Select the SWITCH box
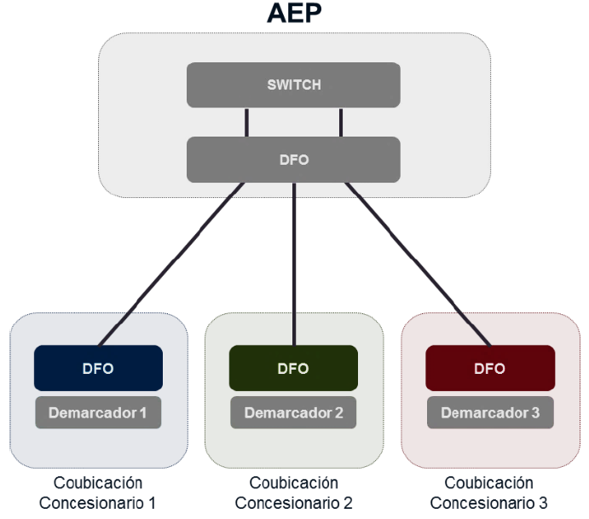pyautogui.click(x=294, y=85)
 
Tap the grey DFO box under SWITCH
pyautogui.click(x=294, y=160)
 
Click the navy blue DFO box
pyautogui.click(x=98, y=368)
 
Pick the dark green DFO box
pyautogui.click(x=294, y=368)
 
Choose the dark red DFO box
pyautogui.click(x=490, y=368)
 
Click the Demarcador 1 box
pyautogui.click(x=98, y=413)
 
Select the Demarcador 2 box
pyautogui.click(x=294, y=413)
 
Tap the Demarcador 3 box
pyautogui.click(x=490, y=413)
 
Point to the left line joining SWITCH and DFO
pyautogui.click(x=247, y=122)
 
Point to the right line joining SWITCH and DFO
pyautogui.click(x=341, y=122)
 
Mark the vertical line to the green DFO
pyautogui.click(x=294, y=265)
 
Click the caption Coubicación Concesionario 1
pyautogui.click(x=98, y=493)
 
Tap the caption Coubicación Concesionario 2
pyautogui.click(x=294, y=493)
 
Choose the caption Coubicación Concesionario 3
pyautogui.click(x=489, y=493)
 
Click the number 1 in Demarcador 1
pyautogui.click(x=143, y=413)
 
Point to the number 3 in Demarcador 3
pyautogui.click(x=535, y=413)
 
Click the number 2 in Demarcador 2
pyautogui.click(x=339, y=413)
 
